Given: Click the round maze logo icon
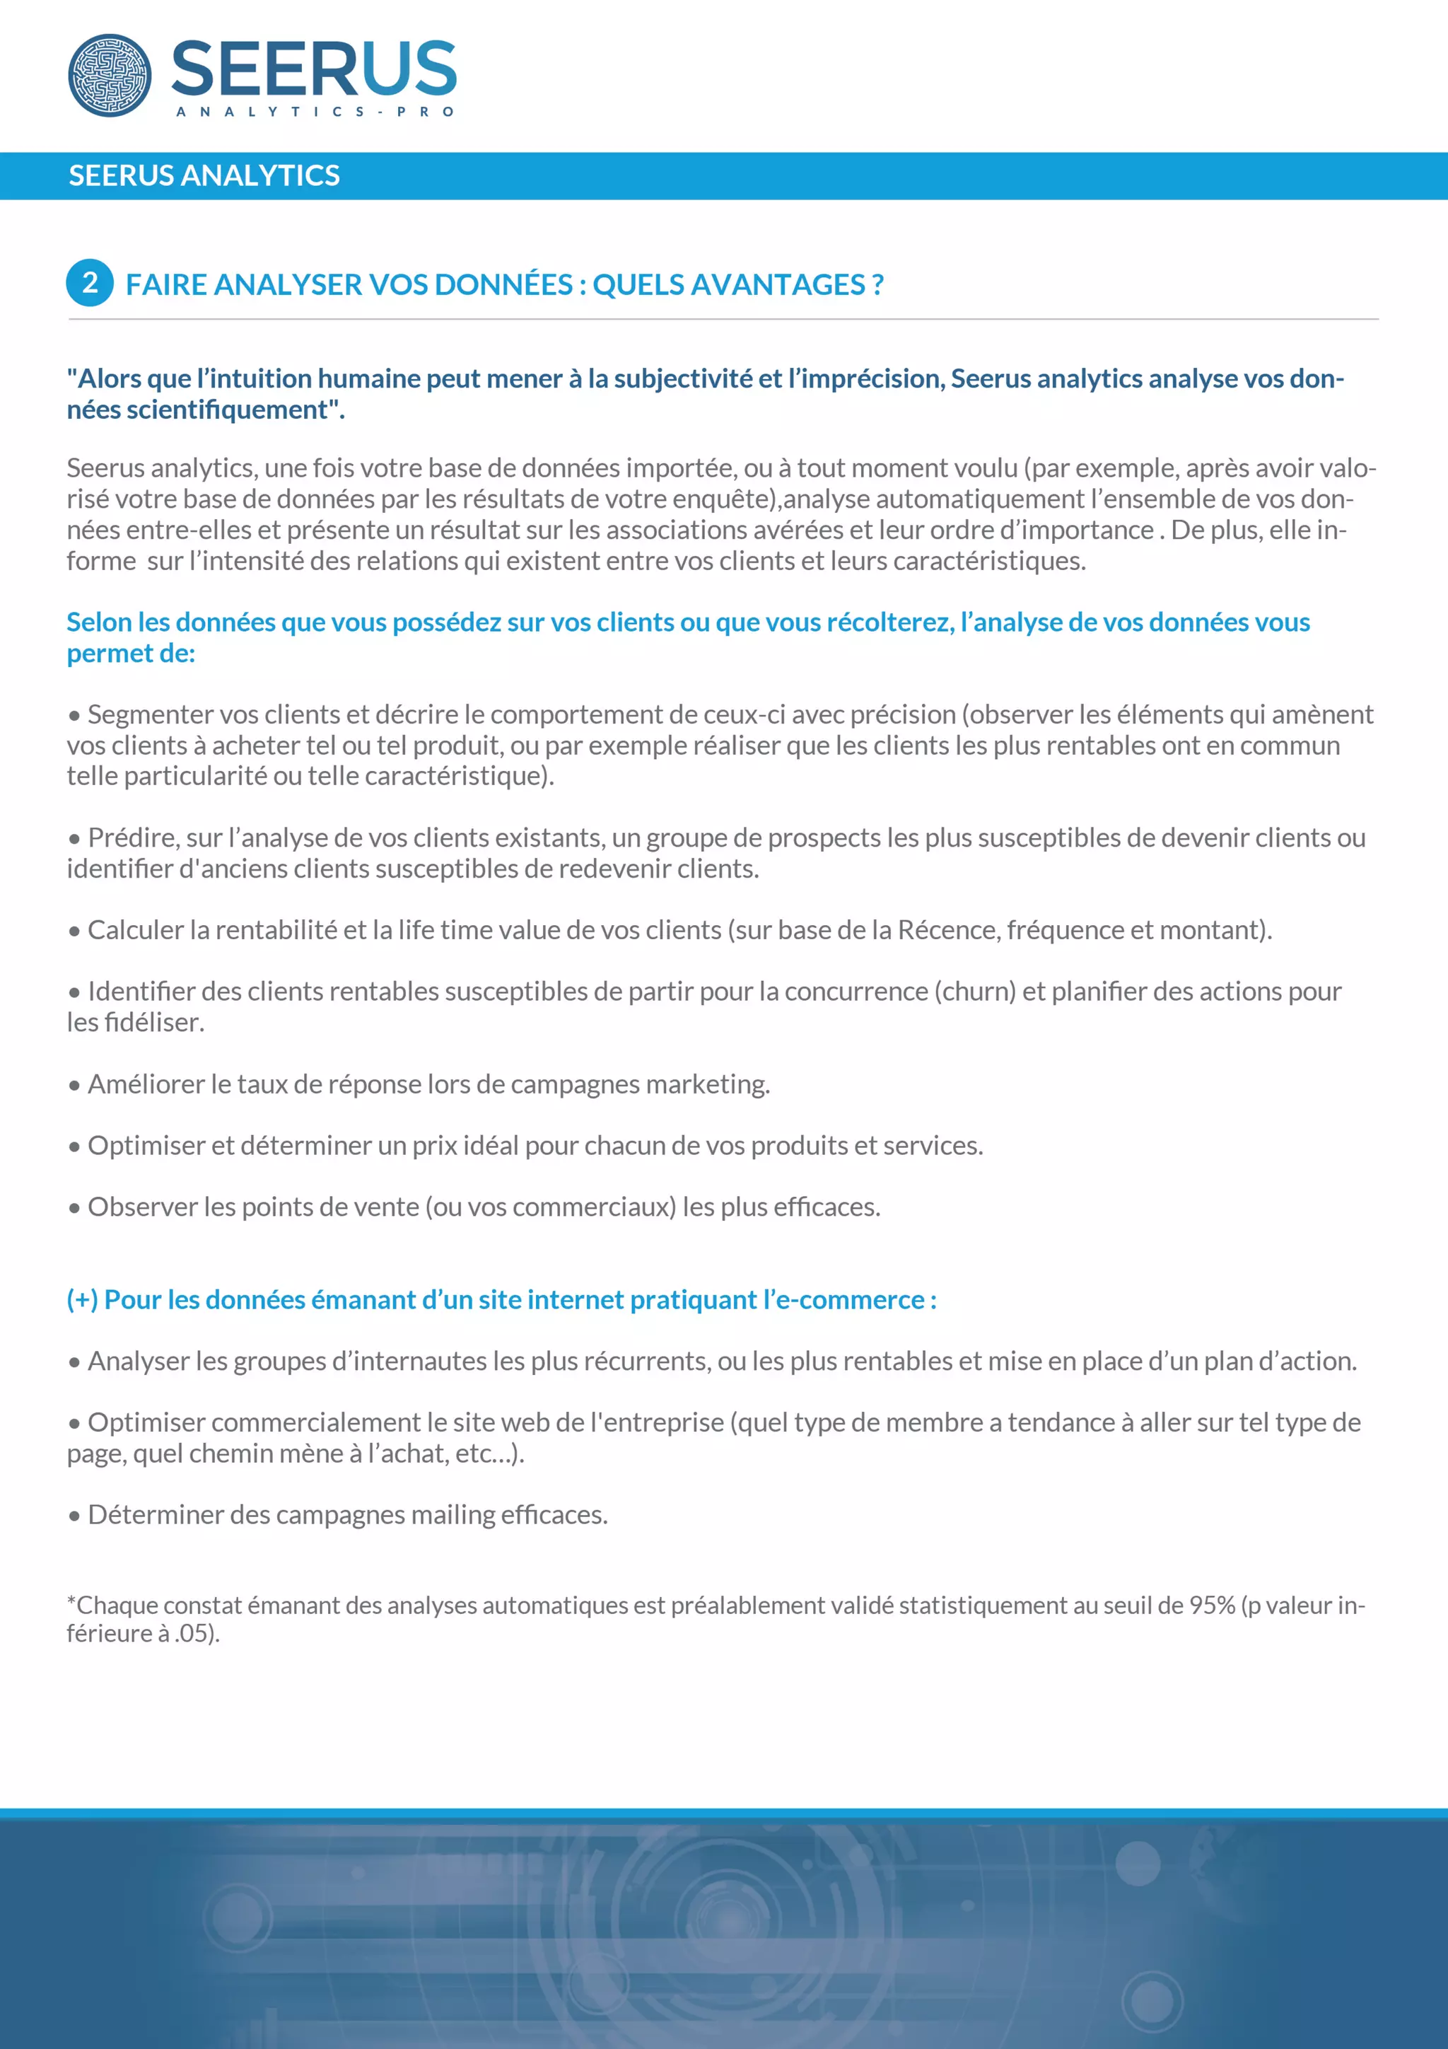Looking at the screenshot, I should [x=110, y=75].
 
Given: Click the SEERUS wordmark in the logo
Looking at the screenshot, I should [x=313, y=69].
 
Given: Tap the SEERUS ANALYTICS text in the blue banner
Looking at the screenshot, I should [x=204, y=176].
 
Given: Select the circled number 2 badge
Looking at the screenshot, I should [x=90, y=283].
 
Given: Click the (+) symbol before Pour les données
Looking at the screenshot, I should [x=82, y=1300].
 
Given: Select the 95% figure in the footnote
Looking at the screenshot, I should [x=1213, y=1606].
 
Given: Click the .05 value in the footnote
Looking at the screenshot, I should [x=191, y=1634].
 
